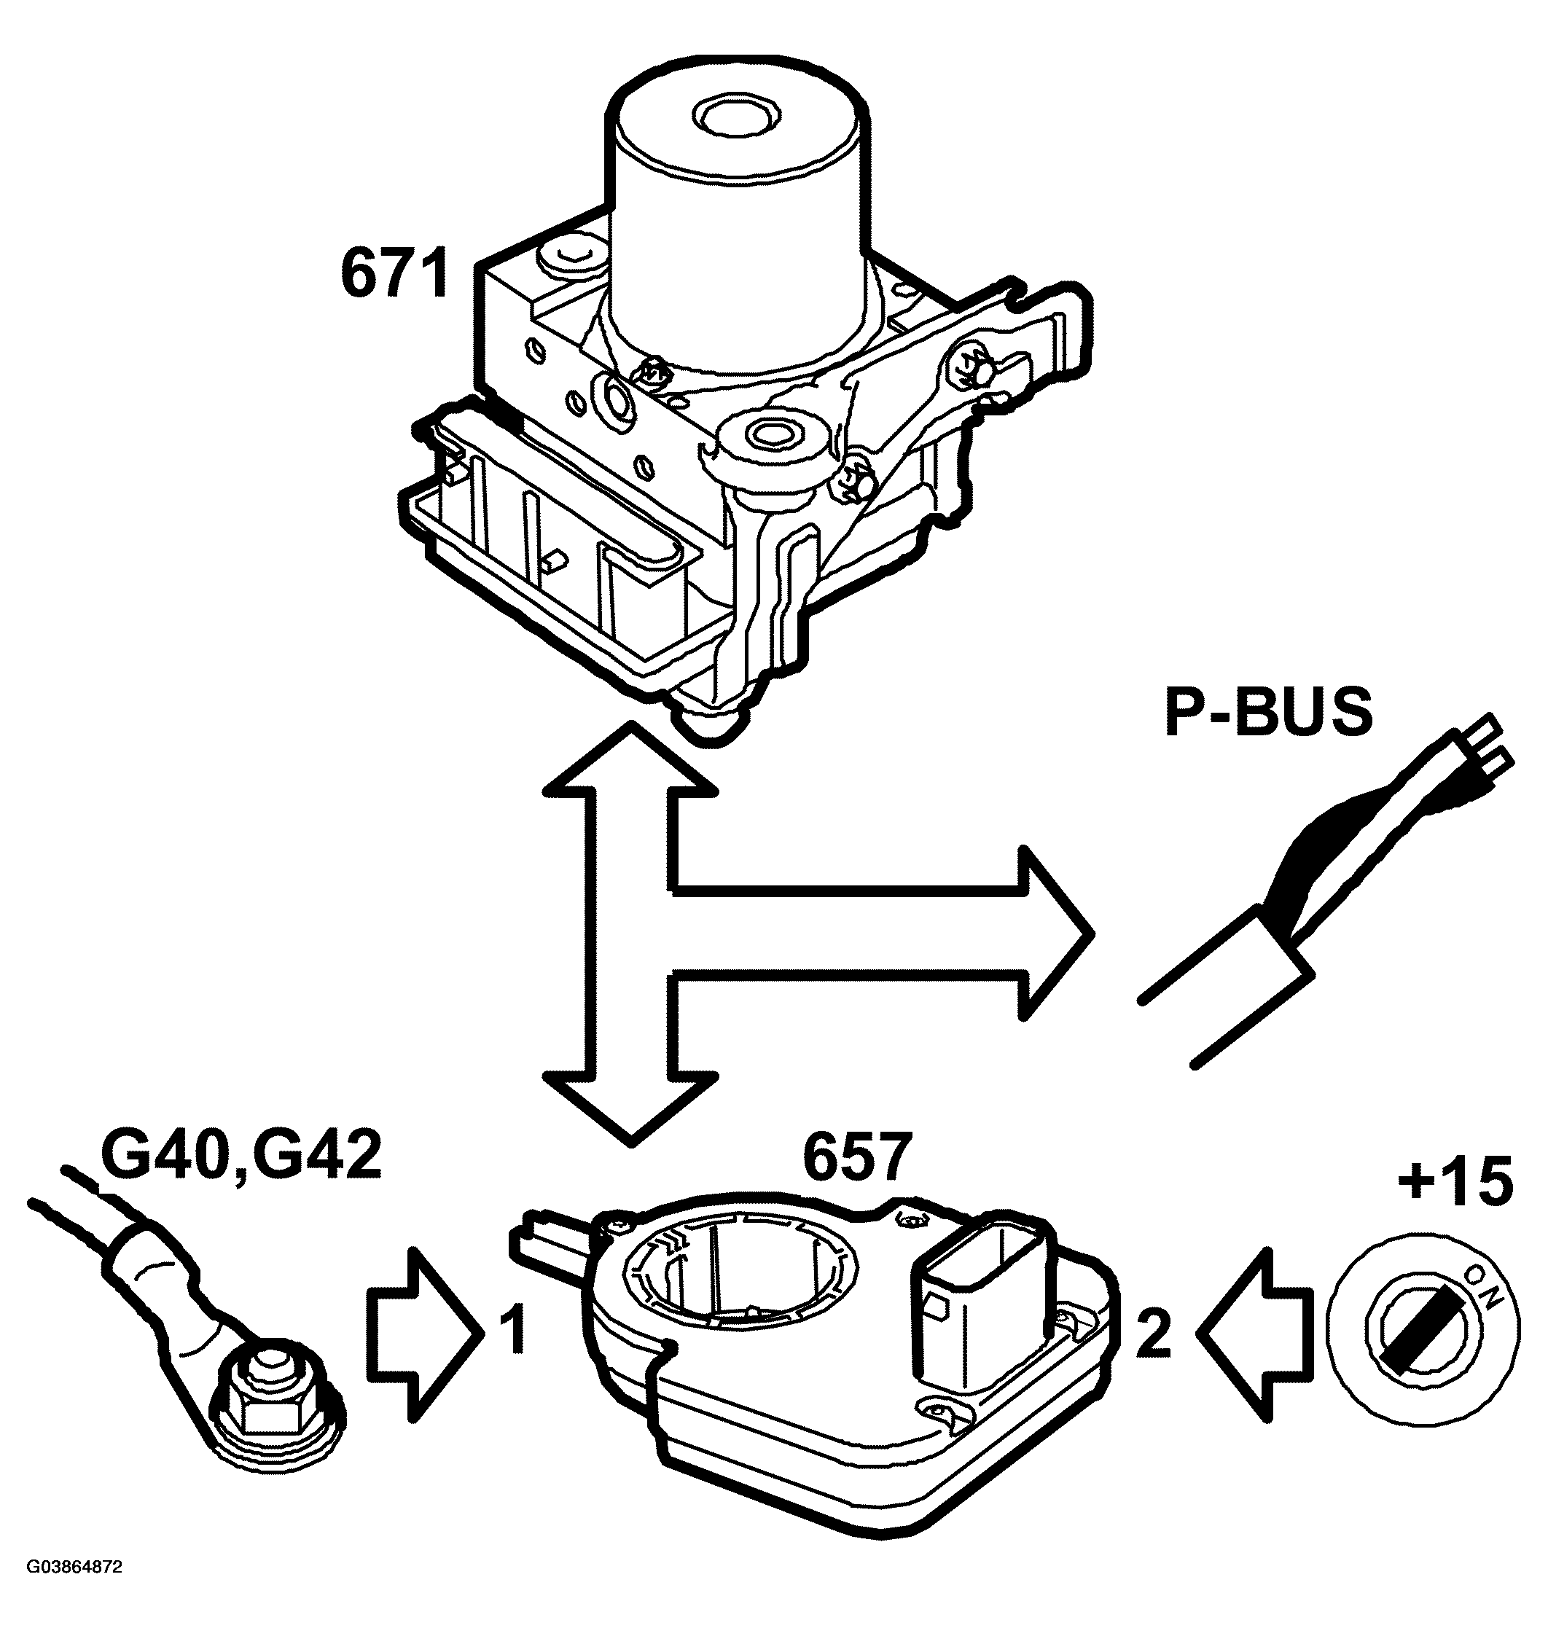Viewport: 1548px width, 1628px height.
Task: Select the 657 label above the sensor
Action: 857,1159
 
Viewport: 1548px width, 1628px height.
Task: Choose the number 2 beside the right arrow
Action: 1154,1333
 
